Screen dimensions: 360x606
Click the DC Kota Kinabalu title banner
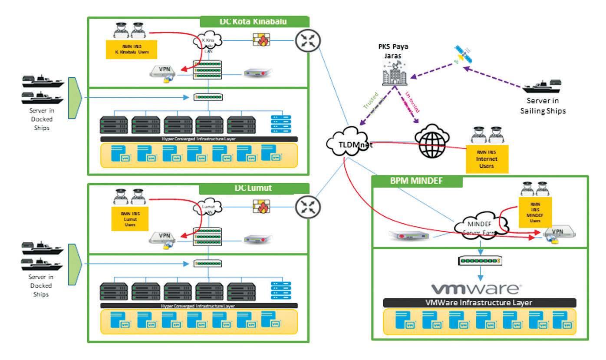(x=254, y=22)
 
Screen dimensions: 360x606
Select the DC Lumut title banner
(x=254, y=188)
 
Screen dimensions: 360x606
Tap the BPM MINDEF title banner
(x=417, y=181)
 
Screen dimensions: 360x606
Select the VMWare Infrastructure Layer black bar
(x=480, y=303)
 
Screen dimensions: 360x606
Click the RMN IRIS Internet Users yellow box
(x=486, y=159)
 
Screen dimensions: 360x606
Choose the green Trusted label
(x=370, y=101)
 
